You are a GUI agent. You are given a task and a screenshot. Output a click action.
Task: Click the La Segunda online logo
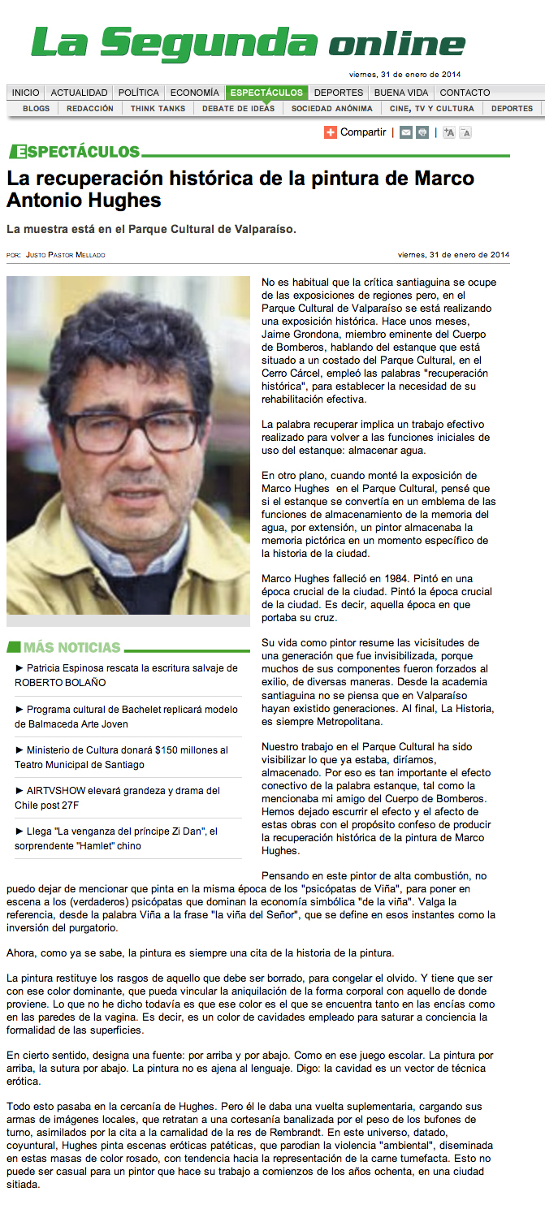pyautogui.click(x=248, y=44)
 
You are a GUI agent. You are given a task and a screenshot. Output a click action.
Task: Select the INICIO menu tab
pyautogui.click(x=25, y=93)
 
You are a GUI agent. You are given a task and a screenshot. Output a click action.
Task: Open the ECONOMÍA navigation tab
pyautogui.click(x=195, y=93)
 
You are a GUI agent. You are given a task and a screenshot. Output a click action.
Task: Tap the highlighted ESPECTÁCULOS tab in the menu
pyautogui.click(x=266, y=93)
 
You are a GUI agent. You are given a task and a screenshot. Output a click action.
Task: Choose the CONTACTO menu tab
pyautogui.click(x=465, y=93)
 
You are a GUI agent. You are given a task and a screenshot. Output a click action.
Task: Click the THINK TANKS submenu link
pyautogui.click(x=158, y=108)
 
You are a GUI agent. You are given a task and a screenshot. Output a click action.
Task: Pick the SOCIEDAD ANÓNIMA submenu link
pyautogui.click(x=332, y=108)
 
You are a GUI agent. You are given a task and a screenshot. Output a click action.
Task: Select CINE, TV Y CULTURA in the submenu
pyautogui.click(x=431, y=108)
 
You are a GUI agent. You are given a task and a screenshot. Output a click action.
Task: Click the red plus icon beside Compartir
pyautogui.click(x=331, y=132)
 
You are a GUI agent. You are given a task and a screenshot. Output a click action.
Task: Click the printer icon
pyautogui.click(x=422, y=132)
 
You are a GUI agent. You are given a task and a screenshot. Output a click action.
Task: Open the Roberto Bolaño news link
pyautogui.click(x=126, y=675)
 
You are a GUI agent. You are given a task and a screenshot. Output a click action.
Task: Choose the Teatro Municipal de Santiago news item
pyautogui.click(x=121, y=757)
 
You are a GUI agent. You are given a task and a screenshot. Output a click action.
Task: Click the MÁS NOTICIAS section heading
pyautogui.click(x=71, y=647)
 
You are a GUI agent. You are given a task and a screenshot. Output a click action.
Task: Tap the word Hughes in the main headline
pyautogui.click(x=124, y=200)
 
